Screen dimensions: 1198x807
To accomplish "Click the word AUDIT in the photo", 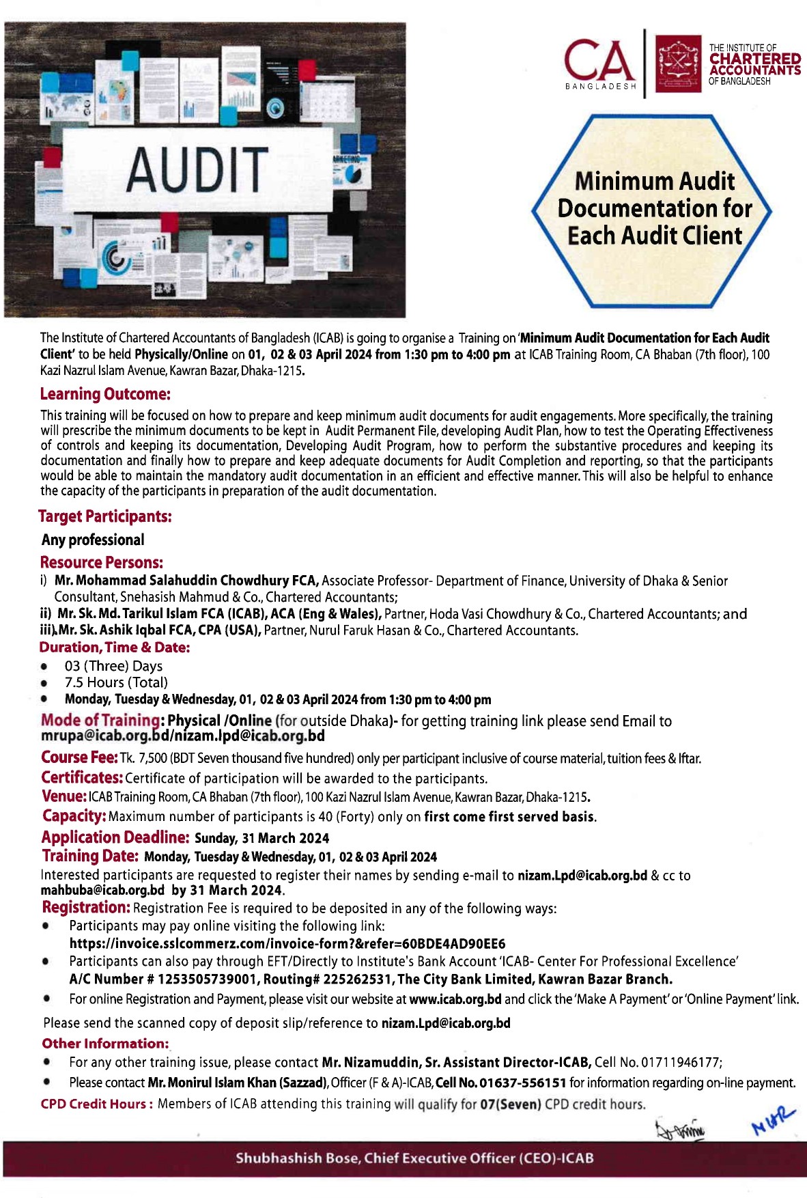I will click(197, 169).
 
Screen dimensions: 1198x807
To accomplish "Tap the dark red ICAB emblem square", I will click(678, 64).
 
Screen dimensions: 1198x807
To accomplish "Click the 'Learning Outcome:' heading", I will click(105, 394).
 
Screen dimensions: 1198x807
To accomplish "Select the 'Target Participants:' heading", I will click(105, 516).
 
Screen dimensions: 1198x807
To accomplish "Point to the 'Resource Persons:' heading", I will click(102, 563).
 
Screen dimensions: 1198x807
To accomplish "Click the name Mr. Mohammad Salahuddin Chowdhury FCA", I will click(186, 581).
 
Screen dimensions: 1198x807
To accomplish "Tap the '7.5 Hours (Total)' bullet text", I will click(116, 682).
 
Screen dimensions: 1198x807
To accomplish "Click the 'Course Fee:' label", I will click(79, 757).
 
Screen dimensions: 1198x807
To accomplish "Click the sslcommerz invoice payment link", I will click(287, 944).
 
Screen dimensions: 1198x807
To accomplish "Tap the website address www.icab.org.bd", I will click(455, 999).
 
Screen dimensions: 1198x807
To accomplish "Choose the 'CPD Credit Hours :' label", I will click(97, 1104).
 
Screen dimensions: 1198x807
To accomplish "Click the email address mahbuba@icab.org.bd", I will click(102, 890).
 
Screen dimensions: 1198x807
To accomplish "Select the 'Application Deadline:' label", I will click(115, 837).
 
